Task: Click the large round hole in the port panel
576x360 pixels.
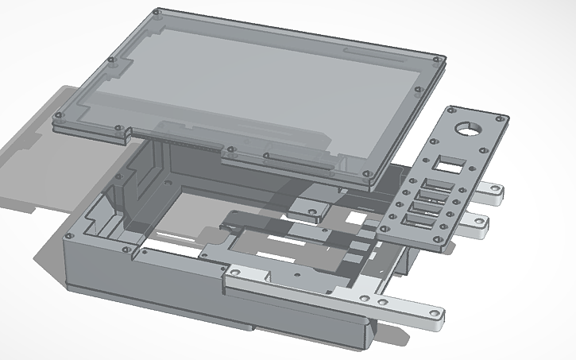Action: (x=466, y=129)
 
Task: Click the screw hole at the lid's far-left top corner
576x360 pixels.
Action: (x=157, y=13)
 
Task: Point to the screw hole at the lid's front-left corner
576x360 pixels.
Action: (x=56, y=117)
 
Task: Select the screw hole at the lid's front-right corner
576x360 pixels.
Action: (x=365, y=173)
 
